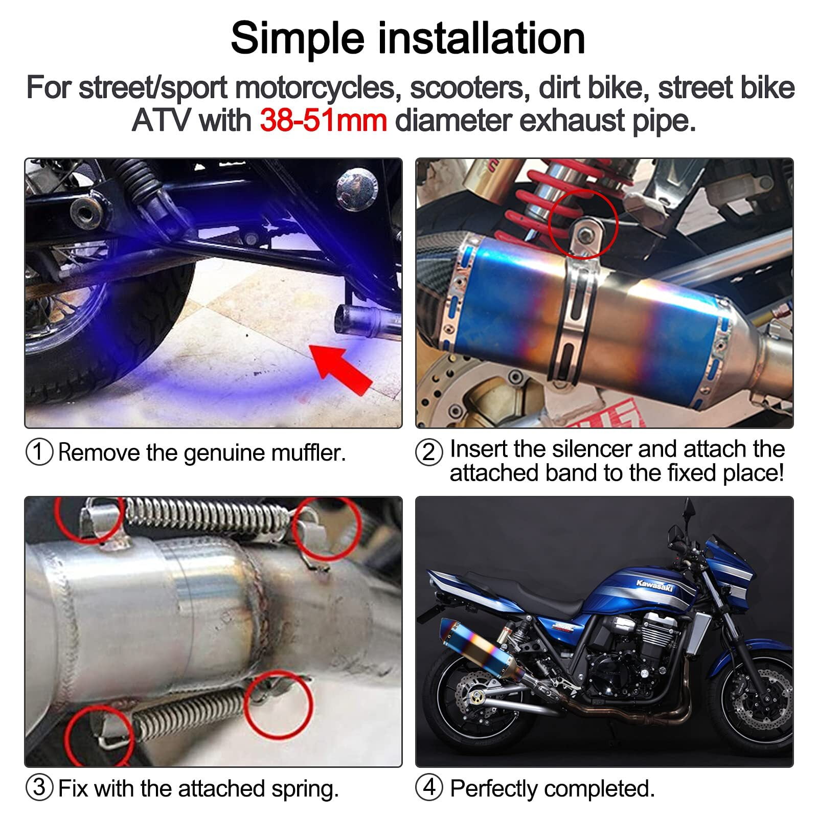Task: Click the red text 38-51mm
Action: pos(323,121)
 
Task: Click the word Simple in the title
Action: pos(298,39)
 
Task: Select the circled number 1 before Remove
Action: pos(39,452)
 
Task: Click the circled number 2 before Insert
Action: pos(428,452)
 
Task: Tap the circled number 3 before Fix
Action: pos(39,788)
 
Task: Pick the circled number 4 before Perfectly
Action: pos(428,788)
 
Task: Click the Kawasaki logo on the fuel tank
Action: pos(655,586)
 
